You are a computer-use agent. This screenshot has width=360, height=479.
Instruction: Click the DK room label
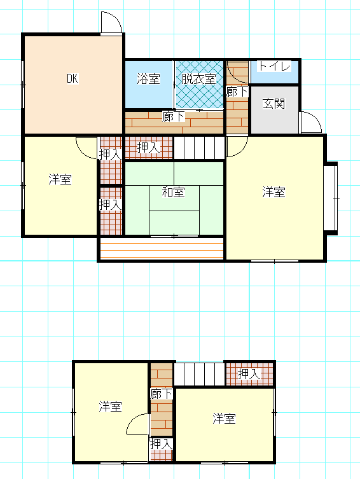pos(73,78)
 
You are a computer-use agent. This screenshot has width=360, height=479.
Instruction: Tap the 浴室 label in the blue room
pos(148,79)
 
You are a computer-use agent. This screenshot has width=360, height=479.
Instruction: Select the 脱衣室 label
pos(199,79)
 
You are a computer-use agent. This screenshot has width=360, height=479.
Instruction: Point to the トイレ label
pos(274,66)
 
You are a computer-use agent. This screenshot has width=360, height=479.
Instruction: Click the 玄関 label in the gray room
pos(274,104)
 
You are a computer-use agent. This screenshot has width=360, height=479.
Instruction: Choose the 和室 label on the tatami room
pos(174,192)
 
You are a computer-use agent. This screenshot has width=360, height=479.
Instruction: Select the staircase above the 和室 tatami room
pos(199,148)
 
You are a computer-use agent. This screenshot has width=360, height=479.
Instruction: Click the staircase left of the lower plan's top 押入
pos(199,374)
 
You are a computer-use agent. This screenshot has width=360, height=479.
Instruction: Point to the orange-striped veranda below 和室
pos(162,248)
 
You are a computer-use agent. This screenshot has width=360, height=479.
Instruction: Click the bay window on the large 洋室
pos(331,198)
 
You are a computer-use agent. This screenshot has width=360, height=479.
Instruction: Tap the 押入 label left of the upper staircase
pos(148,148)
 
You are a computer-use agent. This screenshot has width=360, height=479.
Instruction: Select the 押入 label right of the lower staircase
pos(249,374)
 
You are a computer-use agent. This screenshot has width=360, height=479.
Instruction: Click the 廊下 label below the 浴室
pos(174,116)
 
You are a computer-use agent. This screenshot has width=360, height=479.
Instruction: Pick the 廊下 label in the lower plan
pos(161,394)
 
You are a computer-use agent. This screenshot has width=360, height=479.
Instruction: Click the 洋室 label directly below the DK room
pos(60,179)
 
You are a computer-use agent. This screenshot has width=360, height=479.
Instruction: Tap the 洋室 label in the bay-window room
pos(274,192)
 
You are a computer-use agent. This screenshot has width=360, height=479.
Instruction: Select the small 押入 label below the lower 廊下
pos(161,444)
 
